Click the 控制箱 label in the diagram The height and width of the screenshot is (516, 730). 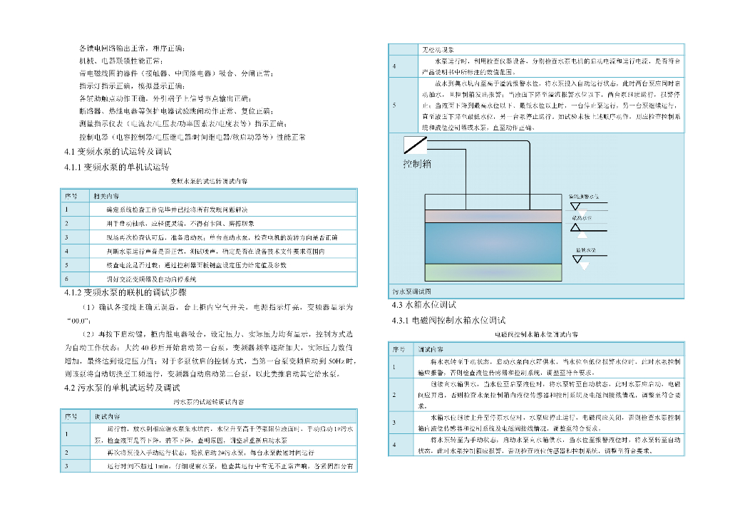tap(417, 164)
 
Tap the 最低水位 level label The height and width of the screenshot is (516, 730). tap(586, 251)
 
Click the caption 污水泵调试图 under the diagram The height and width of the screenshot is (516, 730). tap(413, 291)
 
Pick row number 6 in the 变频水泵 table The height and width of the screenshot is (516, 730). tap(66, 279)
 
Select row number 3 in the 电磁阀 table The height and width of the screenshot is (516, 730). tap(394, 422)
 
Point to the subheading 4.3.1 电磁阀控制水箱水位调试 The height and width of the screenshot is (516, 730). tap(448, 320)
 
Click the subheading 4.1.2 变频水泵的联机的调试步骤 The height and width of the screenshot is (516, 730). tap(125, 293)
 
